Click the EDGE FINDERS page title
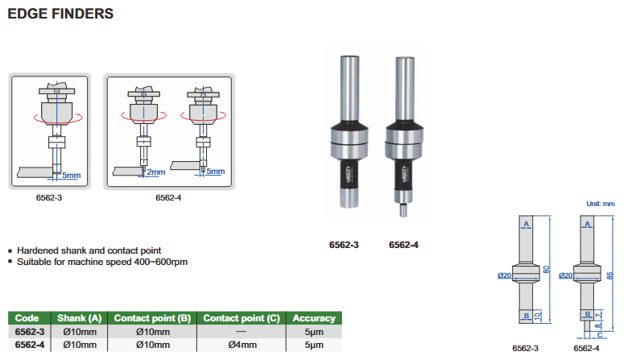coord(60,14)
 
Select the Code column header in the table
coord(27,318)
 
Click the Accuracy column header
coord(313,318)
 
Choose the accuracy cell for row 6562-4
coord(313,345)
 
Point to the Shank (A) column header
coord(77,318)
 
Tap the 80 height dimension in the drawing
coord(547,271)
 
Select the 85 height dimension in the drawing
coord(611,275)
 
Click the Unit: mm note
coord(600,205)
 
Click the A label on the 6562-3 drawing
coord(526,224)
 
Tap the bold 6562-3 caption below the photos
coord(344,245)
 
